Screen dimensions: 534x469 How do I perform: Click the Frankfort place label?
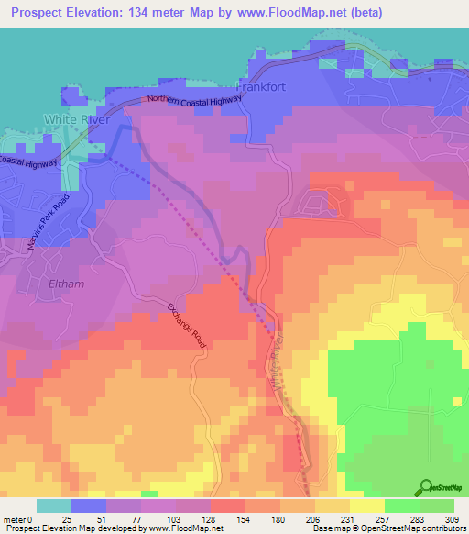(x=264, y=88)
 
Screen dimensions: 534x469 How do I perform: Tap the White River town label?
(x=77, y=120)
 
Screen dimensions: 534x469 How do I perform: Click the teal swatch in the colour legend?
(x=54, y=506)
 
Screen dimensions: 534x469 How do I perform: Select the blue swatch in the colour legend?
(x=89, y=506)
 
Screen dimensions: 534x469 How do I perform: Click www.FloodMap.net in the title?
(x=284, y=12)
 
